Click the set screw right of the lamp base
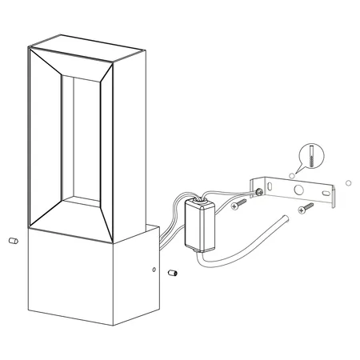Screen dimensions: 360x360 point(170,274)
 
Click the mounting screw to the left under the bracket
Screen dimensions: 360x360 point(239,206)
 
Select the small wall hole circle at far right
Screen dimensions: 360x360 point(347,183)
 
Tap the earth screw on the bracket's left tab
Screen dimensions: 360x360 point(258,191)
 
